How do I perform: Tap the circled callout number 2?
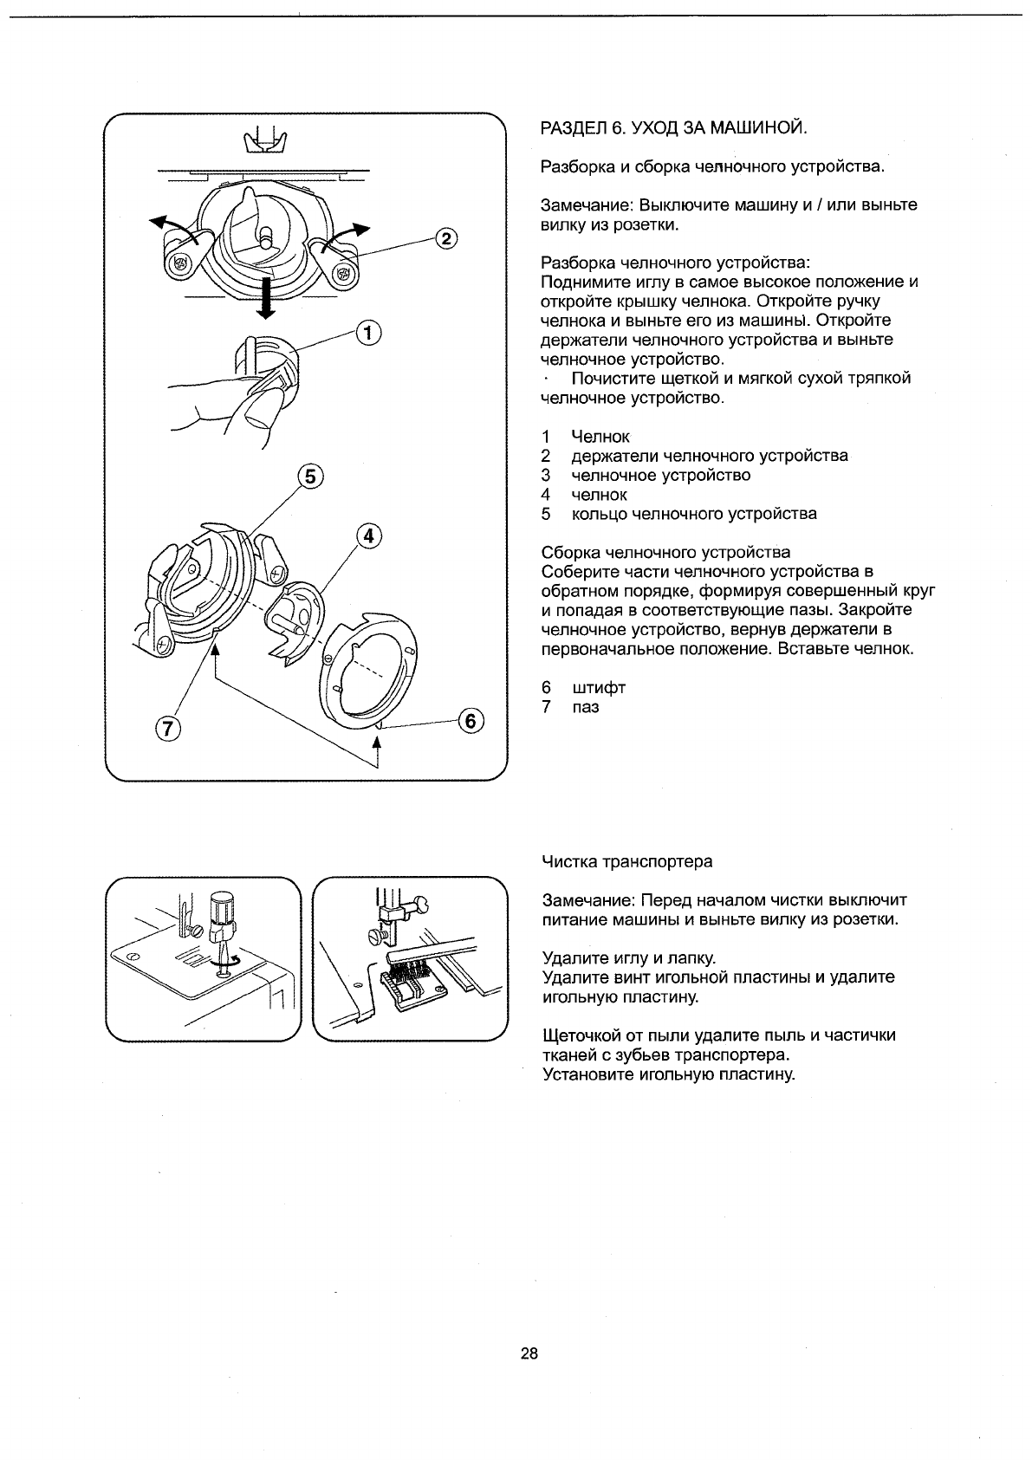[x=444, y=239]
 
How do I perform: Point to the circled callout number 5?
[x=309, y=476]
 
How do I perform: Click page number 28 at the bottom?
[x=529, y=1353]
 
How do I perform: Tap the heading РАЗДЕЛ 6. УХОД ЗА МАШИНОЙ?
[x=673, y=129]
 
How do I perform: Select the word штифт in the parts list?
[x=599, y=688]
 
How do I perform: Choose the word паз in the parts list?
[x=586, y=707]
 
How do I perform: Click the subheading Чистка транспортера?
[x=626, y=861]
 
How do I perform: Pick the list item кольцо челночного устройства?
[x=694, y=514]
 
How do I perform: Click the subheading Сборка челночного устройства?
[x=665, y=552]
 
